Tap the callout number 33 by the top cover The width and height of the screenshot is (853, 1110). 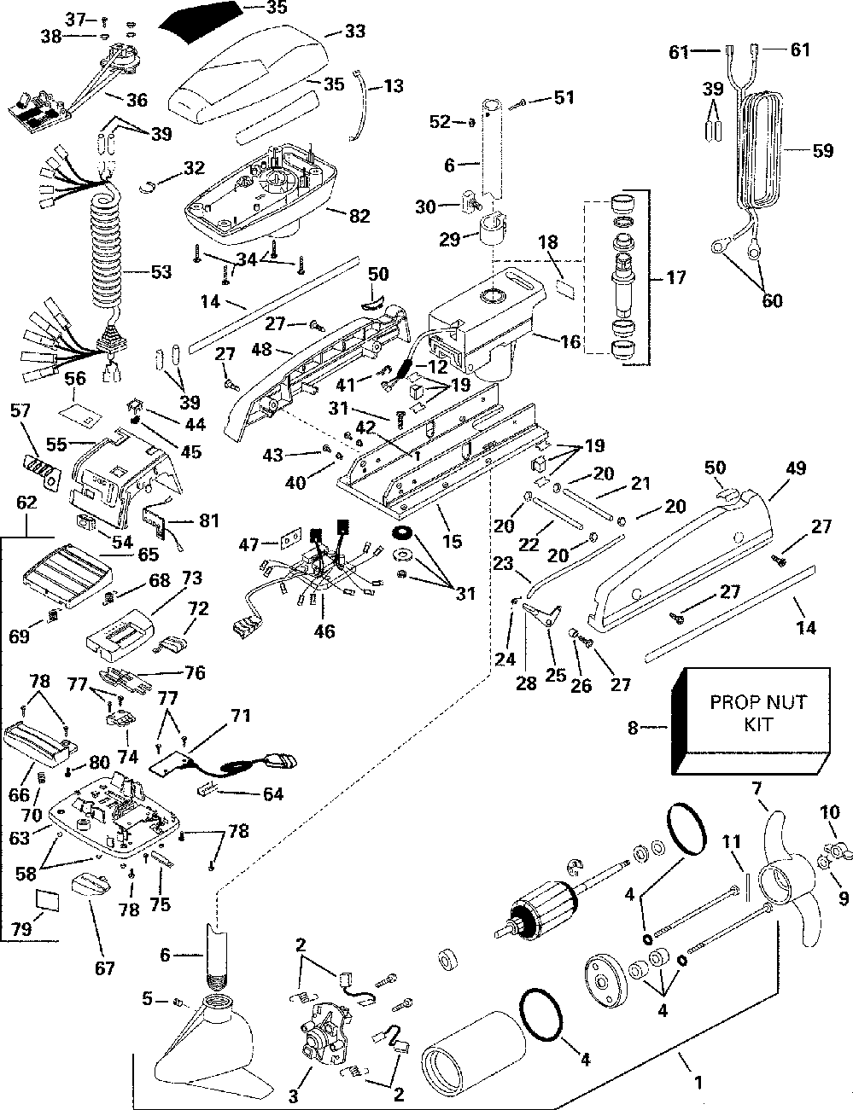(354, 32)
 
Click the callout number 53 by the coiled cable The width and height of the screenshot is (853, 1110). (160, 273)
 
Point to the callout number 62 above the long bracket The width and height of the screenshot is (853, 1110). (26, 503)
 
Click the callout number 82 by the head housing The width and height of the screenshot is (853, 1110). (359, 216)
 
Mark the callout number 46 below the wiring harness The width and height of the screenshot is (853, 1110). (324, 632)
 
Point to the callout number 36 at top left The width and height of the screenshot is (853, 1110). (136, 100)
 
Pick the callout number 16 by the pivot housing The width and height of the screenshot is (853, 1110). (570, 342)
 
